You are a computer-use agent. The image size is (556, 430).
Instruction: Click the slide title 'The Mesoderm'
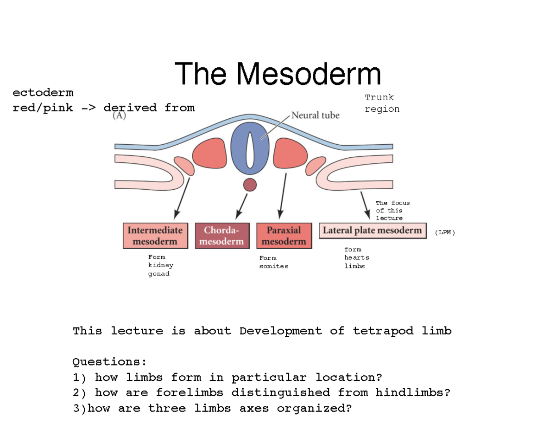(278, 74)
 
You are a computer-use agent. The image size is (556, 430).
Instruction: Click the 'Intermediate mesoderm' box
(155, 236)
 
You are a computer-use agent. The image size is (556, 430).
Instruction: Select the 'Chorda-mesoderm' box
(220, 236)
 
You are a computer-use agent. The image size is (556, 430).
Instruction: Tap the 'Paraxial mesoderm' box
(284, 236)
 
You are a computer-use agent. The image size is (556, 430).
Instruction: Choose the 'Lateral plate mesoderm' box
(373, 231)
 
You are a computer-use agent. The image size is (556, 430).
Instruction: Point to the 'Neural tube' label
(315, 115)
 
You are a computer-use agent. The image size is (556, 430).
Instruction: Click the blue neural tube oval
(250, 146)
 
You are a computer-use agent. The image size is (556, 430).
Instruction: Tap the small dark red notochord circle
(250, 184)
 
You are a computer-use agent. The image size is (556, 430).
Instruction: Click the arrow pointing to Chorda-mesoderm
(242, 205)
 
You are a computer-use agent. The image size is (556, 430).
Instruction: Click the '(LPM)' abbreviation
(445, 232)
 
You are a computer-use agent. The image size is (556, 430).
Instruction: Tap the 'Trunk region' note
(381, 103)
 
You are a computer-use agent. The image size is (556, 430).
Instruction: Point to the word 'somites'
(273, 266)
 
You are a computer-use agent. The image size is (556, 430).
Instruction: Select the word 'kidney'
(160, 265)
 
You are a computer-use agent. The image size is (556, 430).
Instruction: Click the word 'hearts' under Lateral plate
(356, 258)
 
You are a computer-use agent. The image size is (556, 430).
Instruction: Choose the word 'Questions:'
(109, 361)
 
